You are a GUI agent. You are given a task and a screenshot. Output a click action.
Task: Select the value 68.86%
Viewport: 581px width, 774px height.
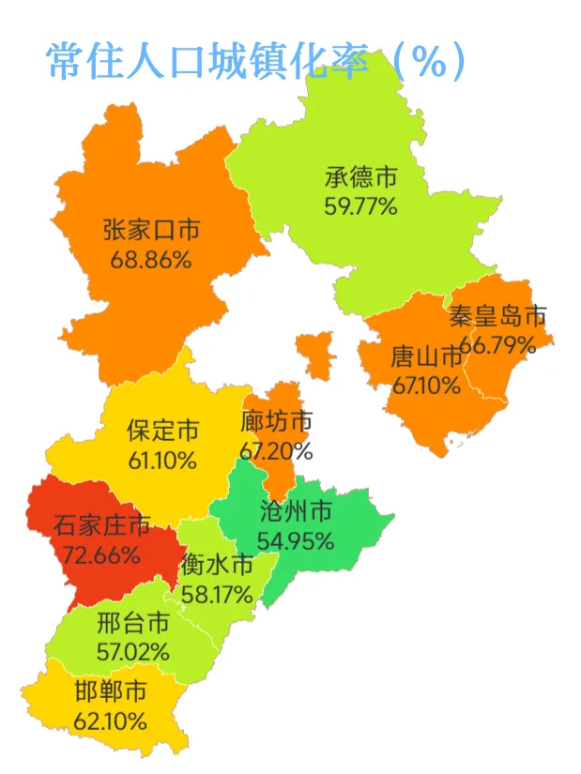pyautogui.click(x=151, y=259)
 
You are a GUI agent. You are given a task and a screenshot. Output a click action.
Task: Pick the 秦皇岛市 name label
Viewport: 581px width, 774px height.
pyautogui.click(x=497, y=316)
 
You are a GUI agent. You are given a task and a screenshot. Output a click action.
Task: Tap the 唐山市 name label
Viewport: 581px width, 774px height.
pyautogui.click(x=427, y=357)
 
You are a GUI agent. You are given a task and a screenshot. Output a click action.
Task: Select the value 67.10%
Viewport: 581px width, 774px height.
pyautogui.click(x=426, y=384)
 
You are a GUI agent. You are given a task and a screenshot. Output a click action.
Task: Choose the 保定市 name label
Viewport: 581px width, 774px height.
pyautogui.click(x=163, y=432)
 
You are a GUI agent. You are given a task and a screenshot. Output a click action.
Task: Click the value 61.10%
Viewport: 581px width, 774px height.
pyautogui.click(x=163, y=460)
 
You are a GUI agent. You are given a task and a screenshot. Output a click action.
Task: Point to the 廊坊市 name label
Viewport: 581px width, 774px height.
pyautogui.click(x=277, y=422)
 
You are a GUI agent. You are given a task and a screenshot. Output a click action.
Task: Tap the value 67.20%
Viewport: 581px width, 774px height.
pyautogui.click(x=276, y=450)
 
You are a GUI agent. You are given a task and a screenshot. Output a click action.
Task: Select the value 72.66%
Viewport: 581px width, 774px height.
pyautogui.click(x=101, y=554)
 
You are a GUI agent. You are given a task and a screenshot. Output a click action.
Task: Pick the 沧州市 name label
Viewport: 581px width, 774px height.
pyautogui.click(x=296, y=512)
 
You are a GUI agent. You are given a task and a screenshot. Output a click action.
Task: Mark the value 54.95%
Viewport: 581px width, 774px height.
pyautogui.click(x=297, y=540)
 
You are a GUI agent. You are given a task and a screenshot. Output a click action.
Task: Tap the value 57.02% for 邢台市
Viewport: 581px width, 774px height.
pyautogui.click(x=133, y=649)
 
